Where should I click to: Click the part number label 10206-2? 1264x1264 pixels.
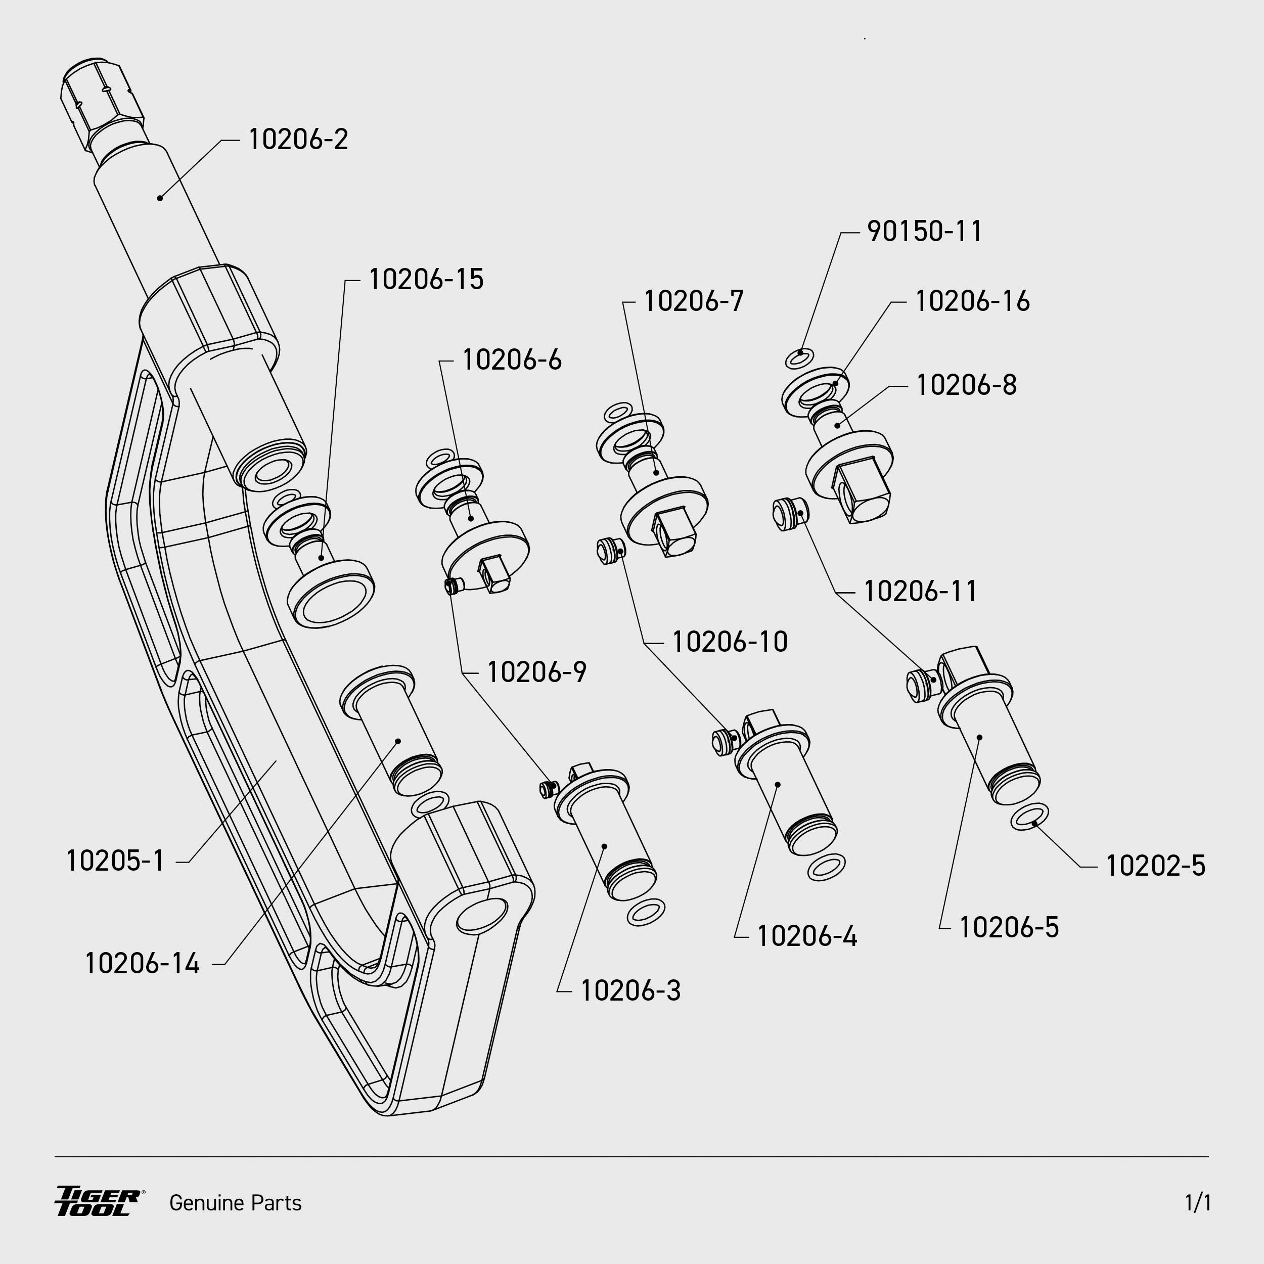tap(298, 140)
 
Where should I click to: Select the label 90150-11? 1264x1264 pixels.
tap(924, 232)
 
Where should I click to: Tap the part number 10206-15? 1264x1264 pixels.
tap(426, 280)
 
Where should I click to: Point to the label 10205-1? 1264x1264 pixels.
tap(115, 861)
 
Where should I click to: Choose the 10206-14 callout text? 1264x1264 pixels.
tap(142, 964)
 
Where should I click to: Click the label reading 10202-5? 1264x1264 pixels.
tap(1155, 866)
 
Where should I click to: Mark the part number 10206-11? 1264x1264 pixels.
tap(920, 592)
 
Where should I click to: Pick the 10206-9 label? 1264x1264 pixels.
tap(536, 672)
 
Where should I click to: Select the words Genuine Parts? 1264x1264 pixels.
tap(236, 1203)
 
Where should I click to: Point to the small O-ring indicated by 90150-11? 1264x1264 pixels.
tap(799, 358)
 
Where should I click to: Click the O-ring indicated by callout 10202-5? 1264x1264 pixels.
tap(1029, 817)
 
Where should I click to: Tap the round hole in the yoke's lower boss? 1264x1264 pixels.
tap(481, 915)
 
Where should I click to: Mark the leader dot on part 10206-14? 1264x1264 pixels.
tap(398, 741)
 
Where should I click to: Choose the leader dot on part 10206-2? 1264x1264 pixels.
tap(160, 198)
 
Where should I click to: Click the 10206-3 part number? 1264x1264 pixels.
tap(630, 991)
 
